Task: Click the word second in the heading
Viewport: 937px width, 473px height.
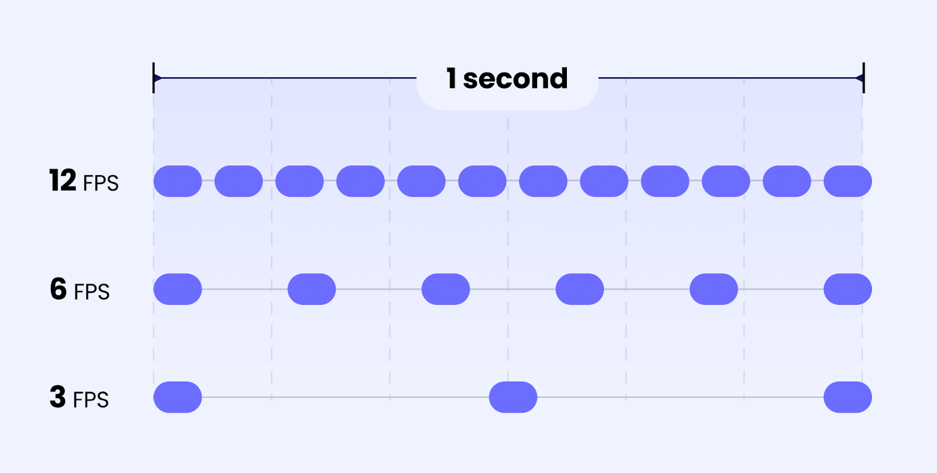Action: point(515,79)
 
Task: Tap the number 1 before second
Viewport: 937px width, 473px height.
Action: point(451,78)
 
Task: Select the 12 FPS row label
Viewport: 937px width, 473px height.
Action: point(84,181)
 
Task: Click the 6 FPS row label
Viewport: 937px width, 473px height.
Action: point(80,290)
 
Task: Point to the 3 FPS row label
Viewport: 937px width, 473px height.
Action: point(79,398)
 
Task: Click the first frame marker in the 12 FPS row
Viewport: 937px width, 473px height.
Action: point(177,181)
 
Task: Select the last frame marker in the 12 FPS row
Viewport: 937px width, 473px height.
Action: point(847,181)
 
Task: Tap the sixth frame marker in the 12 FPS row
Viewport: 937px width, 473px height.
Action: point(482,181)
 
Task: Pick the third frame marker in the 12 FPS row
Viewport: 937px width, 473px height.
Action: point(299,181)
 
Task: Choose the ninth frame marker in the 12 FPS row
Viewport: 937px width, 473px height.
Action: point(665,181)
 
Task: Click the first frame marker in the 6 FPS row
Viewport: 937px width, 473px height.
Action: point(177,289)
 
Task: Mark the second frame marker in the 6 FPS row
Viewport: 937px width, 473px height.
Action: point(312,289)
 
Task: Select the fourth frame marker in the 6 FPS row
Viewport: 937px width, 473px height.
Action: point(579,289)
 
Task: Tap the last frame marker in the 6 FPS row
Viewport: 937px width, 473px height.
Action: point(847,289)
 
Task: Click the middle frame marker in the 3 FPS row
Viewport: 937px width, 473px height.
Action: point(513,397)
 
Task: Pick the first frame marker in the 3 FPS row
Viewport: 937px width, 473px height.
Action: point(177,397)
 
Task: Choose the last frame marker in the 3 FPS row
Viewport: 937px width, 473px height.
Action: point(847,397)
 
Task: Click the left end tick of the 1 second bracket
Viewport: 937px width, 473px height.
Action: point(153,78)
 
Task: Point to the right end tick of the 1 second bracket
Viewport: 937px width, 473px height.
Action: point(863,78)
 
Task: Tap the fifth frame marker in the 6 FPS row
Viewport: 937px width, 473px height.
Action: point(713,289)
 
